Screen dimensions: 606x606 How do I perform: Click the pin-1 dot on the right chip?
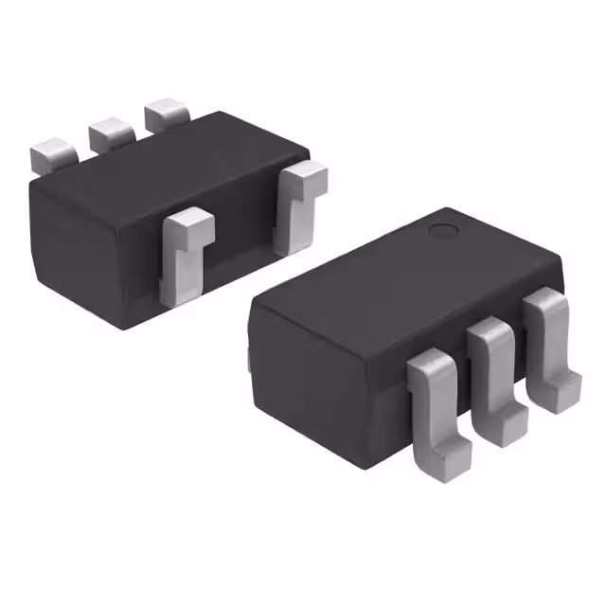point(441,230)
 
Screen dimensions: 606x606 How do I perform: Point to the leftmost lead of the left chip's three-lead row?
point(52,154)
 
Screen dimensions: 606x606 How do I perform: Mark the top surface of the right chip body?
point(398,275)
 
